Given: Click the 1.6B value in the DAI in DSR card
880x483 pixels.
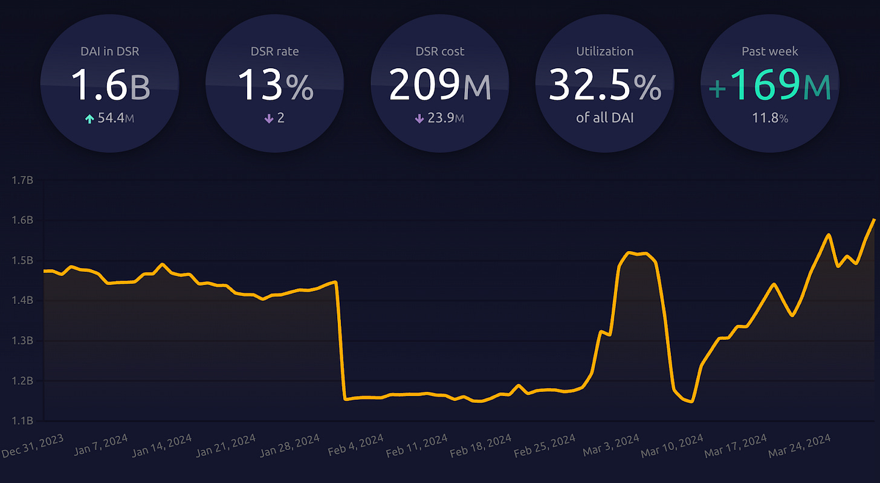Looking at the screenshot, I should (x=110, y=85).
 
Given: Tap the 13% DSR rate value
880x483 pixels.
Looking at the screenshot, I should (x=275, y=85).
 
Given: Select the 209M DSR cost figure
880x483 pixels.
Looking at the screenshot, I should (x=439, y=85).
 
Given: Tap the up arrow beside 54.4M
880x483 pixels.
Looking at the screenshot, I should (x=89, y=119).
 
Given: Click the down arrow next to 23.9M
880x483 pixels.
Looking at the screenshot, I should (x=419, y=119).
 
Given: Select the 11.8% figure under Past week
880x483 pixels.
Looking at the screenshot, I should (x=769, y=118).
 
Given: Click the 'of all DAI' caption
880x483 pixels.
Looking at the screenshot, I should (x=604, y=118).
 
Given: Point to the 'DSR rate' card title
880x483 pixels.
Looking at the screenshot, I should (x=275, y=51).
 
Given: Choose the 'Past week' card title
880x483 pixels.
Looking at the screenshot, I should (x=769, y=51).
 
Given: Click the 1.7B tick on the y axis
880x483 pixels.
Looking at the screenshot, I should (x=22, y=181).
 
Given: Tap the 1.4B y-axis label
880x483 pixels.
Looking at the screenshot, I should (x=22, y=301).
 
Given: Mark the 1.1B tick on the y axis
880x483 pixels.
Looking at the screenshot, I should (x=22, y=421).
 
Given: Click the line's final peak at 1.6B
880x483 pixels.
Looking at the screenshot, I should (x=874, y=220).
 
